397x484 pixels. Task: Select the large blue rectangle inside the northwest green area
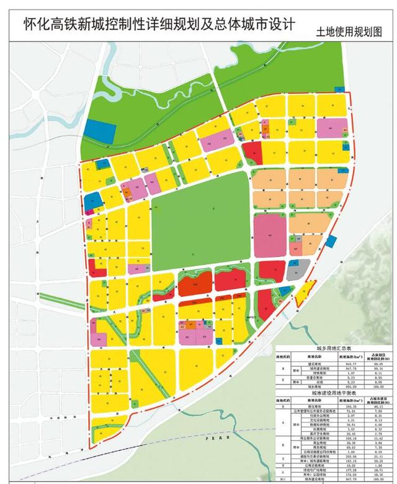point(99,132)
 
